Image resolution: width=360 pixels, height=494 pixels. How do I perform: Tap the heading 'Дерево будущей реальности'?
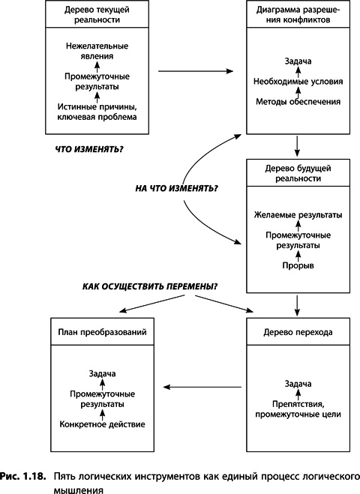tap(298, 175)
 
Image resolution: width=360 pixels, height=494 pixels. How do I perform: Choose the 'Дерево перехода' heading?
tap(298, 331)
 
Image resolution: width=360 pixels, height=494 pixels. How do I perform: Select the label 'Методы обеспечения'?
tap(298, 101)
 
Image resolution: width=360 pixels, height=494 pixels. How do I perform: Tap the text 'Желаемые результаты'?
tap(298, 215)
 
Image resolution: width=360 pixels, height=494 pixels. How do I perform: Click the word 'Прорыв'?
tap(298, 265)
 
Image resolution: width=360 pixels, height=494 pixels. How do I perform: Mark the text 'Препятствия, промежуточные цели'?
tap(298, 407)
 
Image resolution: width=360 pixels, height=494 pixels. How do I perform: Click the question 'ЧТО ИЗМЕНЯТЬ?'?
tap(90, 148)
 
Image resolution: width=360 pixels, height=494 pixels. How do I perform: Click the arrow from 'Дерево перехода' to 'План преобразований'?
tap(202, 387)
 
